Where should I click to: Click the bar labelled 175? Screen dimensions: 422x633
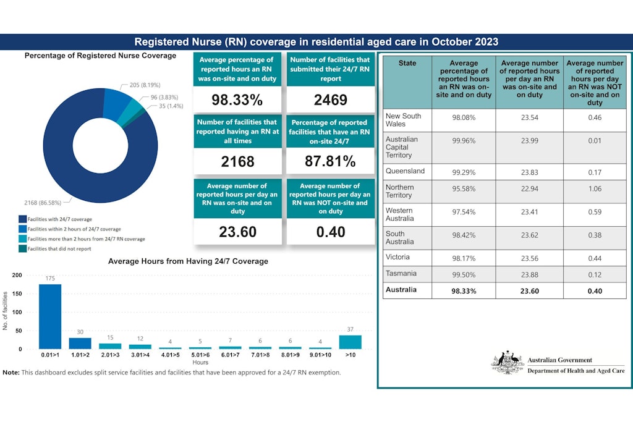(50, 316)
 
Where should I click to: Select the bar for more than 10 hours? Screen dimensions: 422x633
(350, 342)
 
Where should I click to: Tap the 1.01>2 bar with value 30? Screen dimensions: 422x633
(80, 343)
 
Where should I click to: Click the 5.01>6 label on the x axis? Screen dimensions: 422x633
(200, 355)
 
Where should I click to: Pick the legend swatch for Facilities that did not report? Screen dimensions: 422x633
(22, 249)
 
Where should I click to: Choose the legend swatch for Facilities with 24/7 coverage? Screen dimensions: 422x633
(22, 219)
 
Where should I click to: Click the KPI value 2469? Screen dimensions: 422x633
(331, 100)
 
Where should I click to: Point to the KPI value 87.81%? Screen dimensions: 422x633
(331, 162)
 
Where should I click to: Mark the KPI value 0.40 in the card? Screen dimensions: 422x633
(331, 232)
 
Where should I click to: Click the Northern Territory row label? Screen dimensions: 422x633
(399, 191)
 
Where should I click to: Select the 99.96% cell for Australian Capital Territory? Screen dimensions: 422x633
(464, 140)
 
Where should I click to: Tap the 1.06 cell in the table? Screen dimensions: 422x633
(594, 188)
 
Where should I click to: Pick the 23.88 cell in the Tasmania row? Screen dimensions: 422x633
(529, 274)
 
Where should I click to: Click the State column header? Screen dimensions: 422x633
(407, 63)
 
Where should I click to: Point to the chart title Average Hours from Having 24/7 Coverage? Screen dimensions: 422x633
(188, 261)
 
